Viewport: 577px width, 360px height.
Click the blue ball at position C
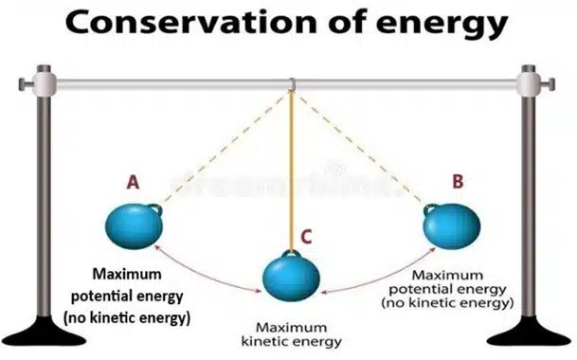click(x=290, y=276)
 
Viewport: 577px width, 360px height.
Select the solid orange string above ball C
click(x=293, y=171)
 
